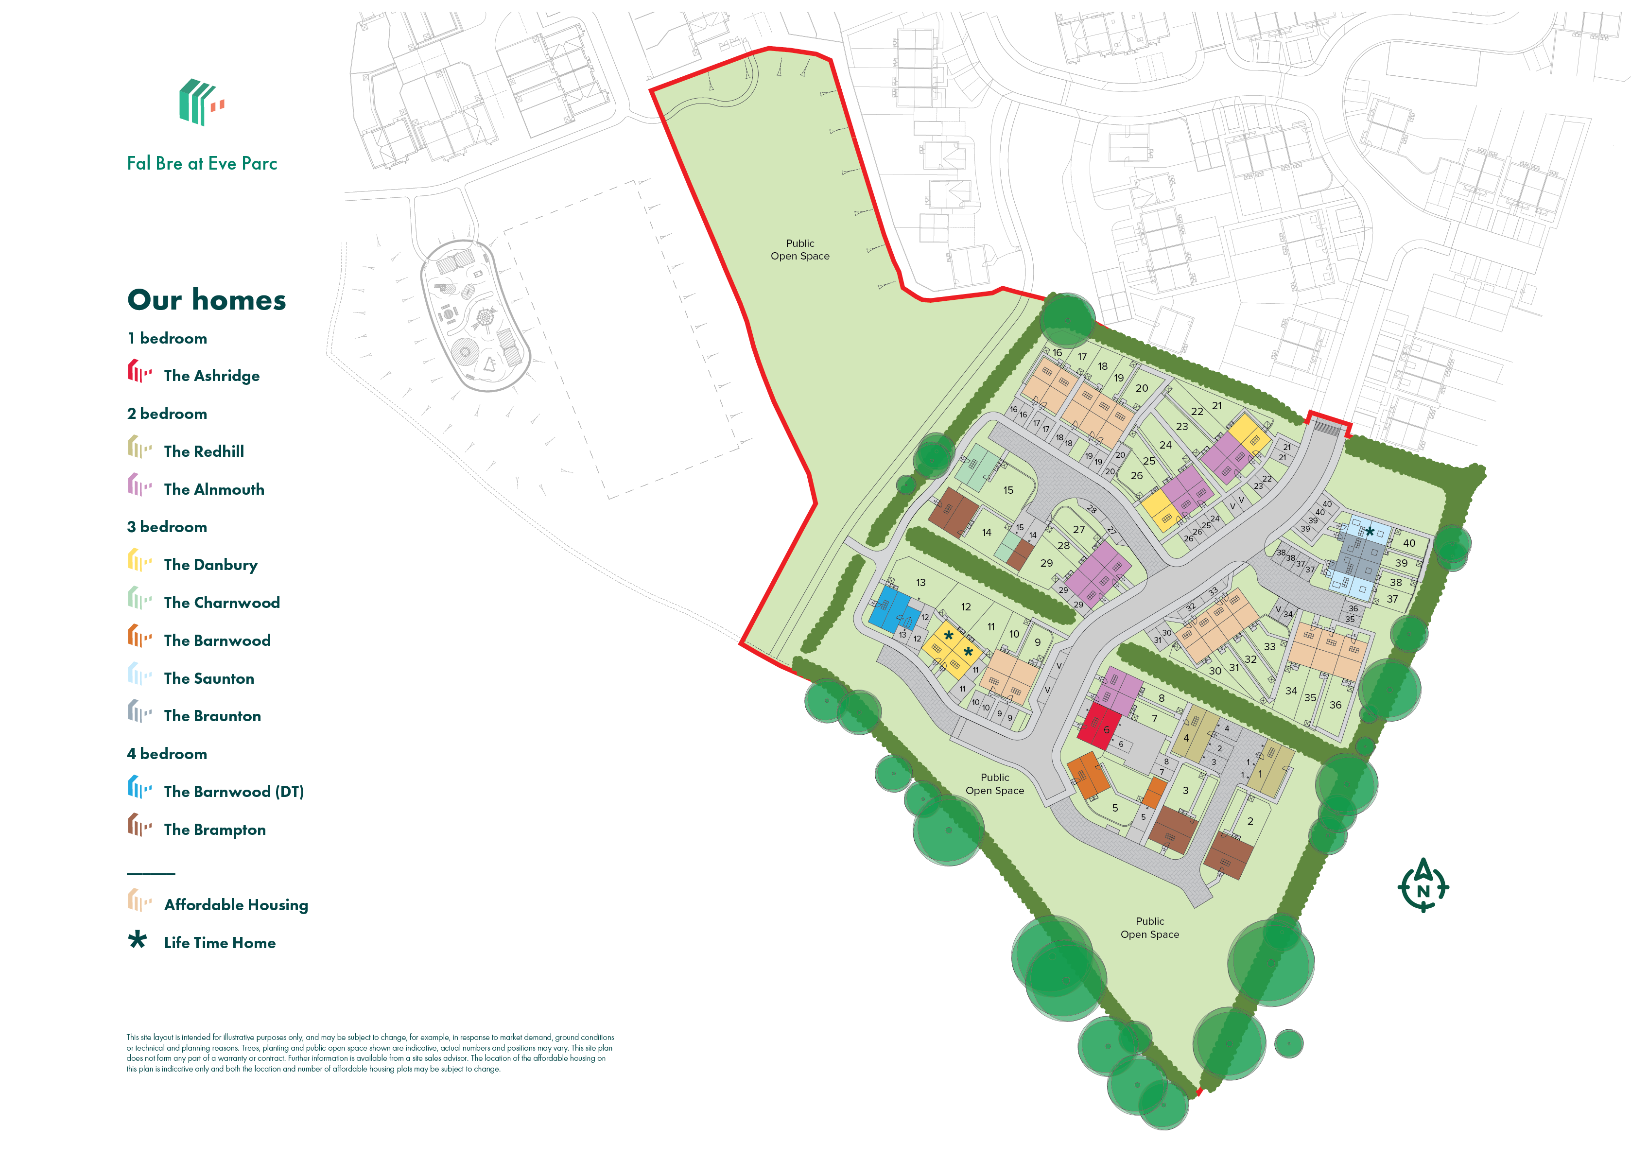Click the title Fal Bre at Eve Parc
pyautogui.click(x=202, y=164)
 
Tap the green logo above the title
pyautogui.click(x=201, y=102)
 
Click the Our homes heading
pyautogui.click(x=207, y=300)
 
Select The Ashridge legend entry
pyautogui.click(x=211, y=376)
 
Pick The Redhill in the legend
pyautogui.click(x=204, y=451)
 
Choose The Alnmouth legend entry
pyautogui.click(x=214, y=489)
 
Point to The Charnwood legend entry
pyautogui.click(x=222, y=603)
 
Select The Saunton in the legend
pyautogui.click(x=208, y=678)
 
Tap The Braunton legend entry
pyautogui.click(x=212, y=716)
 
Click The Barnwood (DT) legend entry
pyautogui.click(x=234, y=792)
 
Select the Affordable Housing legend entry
pyautogui.click(x=236, y=905)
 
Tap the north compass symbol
pyautogui.click(x=1423, y=886)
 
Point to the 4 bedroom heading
pyautogui.click(x=167, y=754)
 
